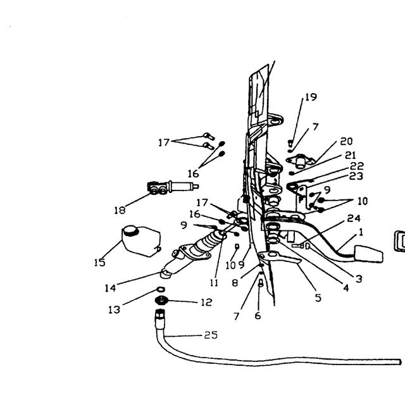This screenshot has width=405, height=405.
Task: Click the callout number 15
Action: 100,263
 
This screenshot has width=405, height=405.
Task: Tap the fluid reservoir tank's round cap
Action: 130,230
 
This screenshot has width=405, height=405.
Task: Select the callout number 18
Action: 120,210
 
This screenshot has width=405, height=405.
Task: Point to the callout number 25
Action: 211,335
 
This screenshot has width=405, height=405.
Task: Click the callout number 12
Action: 206,302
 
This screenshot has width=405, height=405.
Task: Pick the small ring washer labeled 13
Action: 161,289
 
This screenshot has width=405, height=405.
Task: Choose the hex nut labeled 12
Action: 162,301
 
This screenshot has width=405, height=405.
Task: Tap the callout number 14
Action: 110,288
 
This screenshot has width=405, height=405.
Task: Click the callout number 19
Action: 311,97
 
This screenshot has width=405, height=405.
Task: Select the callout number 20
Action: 346,141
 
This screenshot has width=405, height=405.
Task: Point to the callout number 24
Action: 354,218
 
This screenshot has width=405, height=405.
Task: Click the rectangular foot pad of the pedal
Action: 369,254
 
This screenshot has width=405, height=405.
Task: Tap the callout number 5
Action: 318,298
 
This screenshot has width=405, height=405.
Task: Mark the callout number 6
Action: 258,316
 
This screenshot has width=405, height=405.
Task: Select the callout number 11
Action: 214,283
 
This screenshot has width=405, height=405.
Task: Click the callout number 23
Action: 356,176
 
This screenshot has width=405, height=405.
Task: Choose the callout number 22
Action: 357,166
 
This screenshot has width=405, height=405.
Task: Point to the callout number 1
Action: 361,232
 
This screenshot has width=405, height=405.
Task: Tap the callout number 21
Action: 351,155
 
